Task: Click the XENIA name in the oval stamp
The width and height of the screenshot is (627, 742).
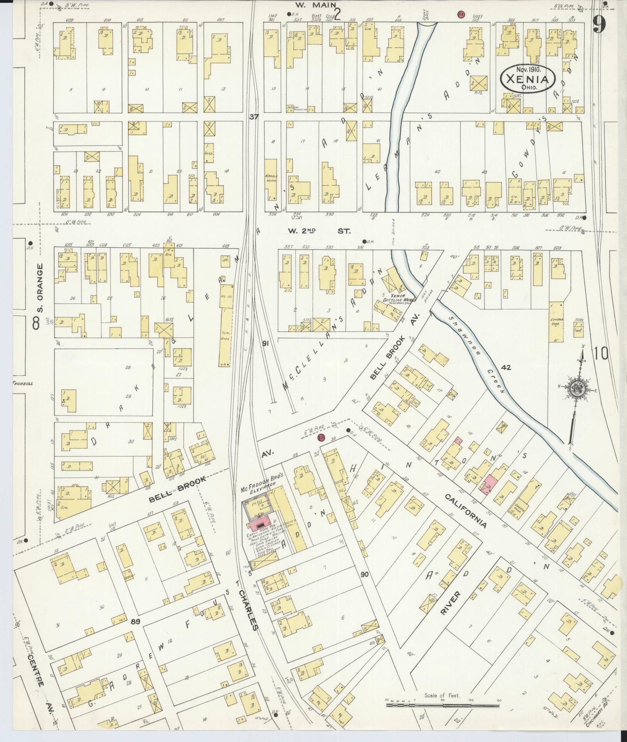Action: coord(527,79)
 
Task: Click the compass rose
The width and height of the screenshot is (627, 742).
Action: coord(577,390)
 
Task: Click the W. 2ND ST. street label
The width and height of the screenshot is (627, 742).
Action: coord(319,231)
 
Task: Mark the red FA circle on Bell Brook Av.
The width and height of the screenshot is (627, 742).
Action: coord(320,437)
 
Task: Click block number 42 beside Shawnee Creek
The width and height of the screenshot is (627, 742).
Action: coord(506,367)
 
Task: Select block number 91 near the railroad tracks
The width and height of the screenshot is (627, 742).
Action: coord(265,343)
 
